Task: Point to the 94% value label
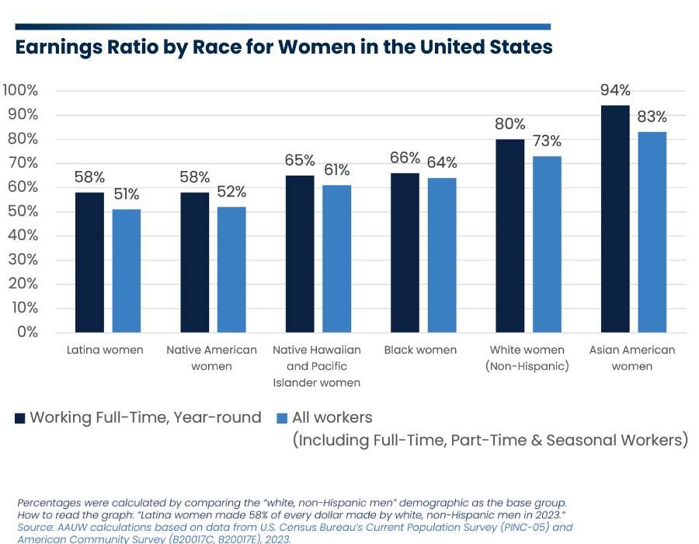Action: (x=615, y=90)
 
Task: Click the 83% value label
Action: (x=652, y=117)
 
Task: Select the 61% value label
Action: (x=336, y=170)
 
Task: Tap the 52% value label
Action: (x=231, y=192)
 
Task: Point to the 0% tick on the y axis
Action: (x=26, y=333)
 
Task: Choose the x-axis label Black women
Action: (x=420, y=350)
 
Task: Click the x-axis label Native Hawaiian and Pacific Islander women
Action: (x=310, y=366)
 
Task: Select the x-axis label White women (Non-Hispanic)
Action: (x=527, y=357)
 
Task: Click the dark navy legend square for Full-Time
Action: (x=20, y=418)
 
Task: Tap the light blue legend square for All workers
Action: (x=283, y=418)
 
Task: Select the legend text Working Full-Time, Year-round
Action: (x=145, y=417)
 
